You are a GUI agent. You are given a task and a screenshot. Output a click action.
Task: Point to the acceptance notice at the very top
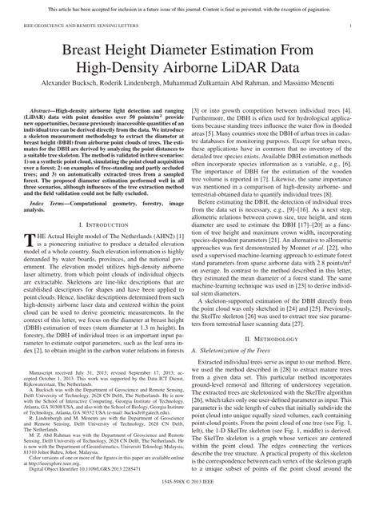[189, 6]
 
